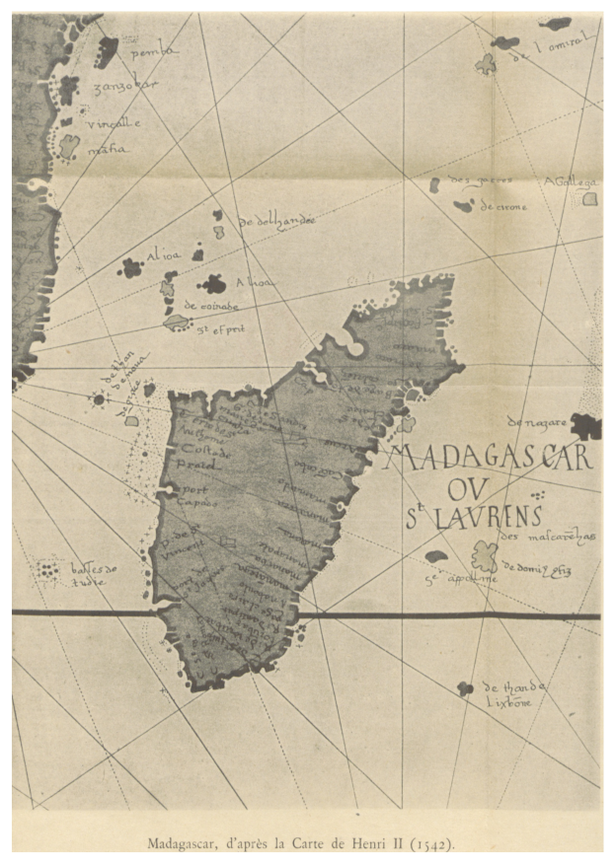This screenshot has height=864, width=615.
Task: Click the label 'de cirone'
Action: click(503, 207)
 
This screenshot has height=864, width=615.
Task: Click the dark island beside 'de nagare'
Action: click(585, 426)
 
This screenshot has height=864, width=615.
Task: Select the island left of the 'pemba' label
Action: click(106, 49)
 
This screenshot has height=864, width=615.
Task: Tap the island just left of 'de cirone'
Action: click(462, 206)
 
